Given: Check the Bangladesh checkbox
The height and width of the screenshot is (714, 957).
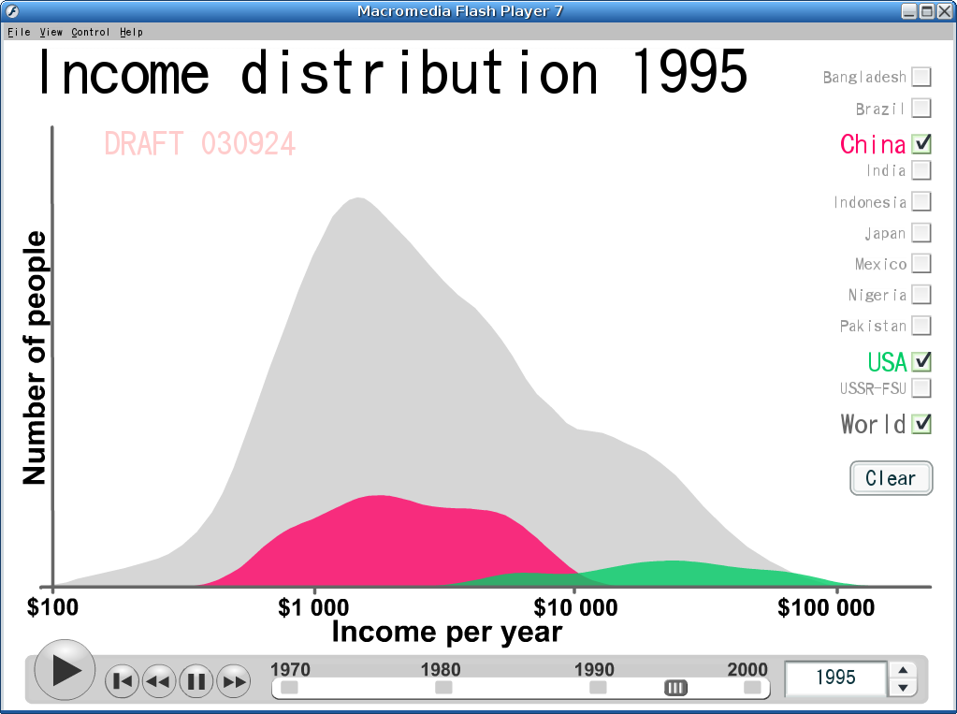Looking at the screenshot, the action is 921,77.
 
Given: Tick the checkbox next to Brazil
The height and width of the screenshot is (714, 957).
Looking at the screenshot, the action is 921,109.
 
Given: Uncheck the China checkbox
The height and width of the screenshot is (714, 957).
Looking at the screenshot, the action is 921,143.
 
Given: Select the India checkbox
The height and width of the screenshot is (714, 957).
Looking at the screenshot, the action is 921,170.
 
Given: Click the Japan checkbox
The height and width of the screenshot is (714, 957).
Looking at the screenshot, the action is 921,233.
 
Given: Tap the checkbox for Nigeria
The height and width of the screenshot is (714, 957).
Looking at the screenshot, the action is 921,295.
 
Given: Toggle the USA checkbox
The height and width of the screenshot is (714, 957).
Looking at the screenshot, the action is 921,361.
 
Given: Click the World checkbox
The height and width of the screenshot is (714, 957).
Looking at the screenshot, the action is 921,423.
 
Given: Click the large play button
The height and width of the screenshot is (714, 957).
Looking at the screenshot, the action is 65,670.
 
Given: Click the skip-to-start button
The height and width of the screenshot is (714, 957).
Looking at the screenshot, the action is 122,681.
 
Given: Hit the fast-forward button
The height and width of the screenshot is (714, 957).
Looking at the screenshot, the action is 234,681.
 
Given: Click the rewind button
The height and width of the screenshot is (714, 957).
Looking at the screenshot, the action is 159,681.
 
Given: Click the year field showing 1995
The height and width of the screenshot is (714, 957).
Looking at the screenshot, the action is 835,678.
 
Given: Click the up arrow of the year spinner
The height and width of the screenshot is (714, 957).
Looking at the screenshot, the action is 904,670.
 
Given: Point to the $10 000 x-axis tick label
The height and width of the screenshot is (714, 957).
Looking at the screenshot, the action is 575,607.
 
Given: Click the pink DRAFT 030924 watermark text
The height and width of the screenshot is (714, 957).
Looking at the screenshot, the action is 200,144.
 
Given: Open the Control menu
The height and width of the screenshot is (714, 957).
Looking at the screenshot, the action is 91,32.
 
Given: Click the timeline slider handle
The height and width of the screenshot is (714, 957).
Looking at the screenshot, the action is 675,688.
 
